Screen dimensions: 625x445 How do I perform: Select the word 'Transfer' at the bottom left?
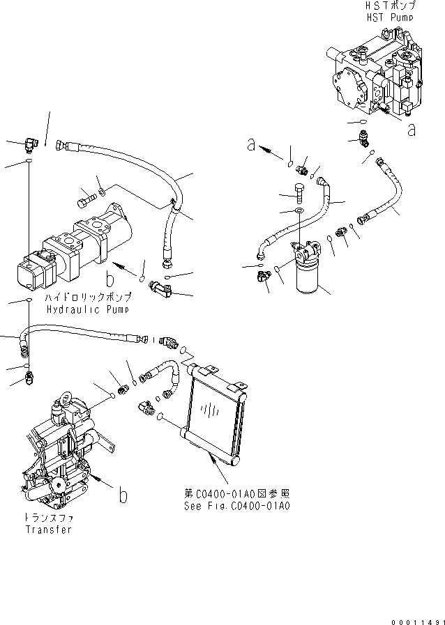[49, 530]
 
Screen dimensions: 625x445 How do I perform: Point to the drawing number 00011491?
[414, 617]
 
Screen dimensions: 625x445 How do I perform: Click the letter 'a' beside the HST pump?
[412, 129]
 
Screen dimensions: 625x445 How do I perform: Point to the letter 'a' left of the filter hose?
[251, 145]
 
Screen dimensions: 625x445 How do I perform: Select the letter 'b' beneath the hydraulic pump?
[110, 280]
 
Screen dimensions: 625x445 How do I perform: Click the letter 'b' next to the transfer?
[123, 495]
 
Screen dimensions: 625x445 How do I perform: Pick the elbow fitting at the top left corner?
[30, 146]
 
